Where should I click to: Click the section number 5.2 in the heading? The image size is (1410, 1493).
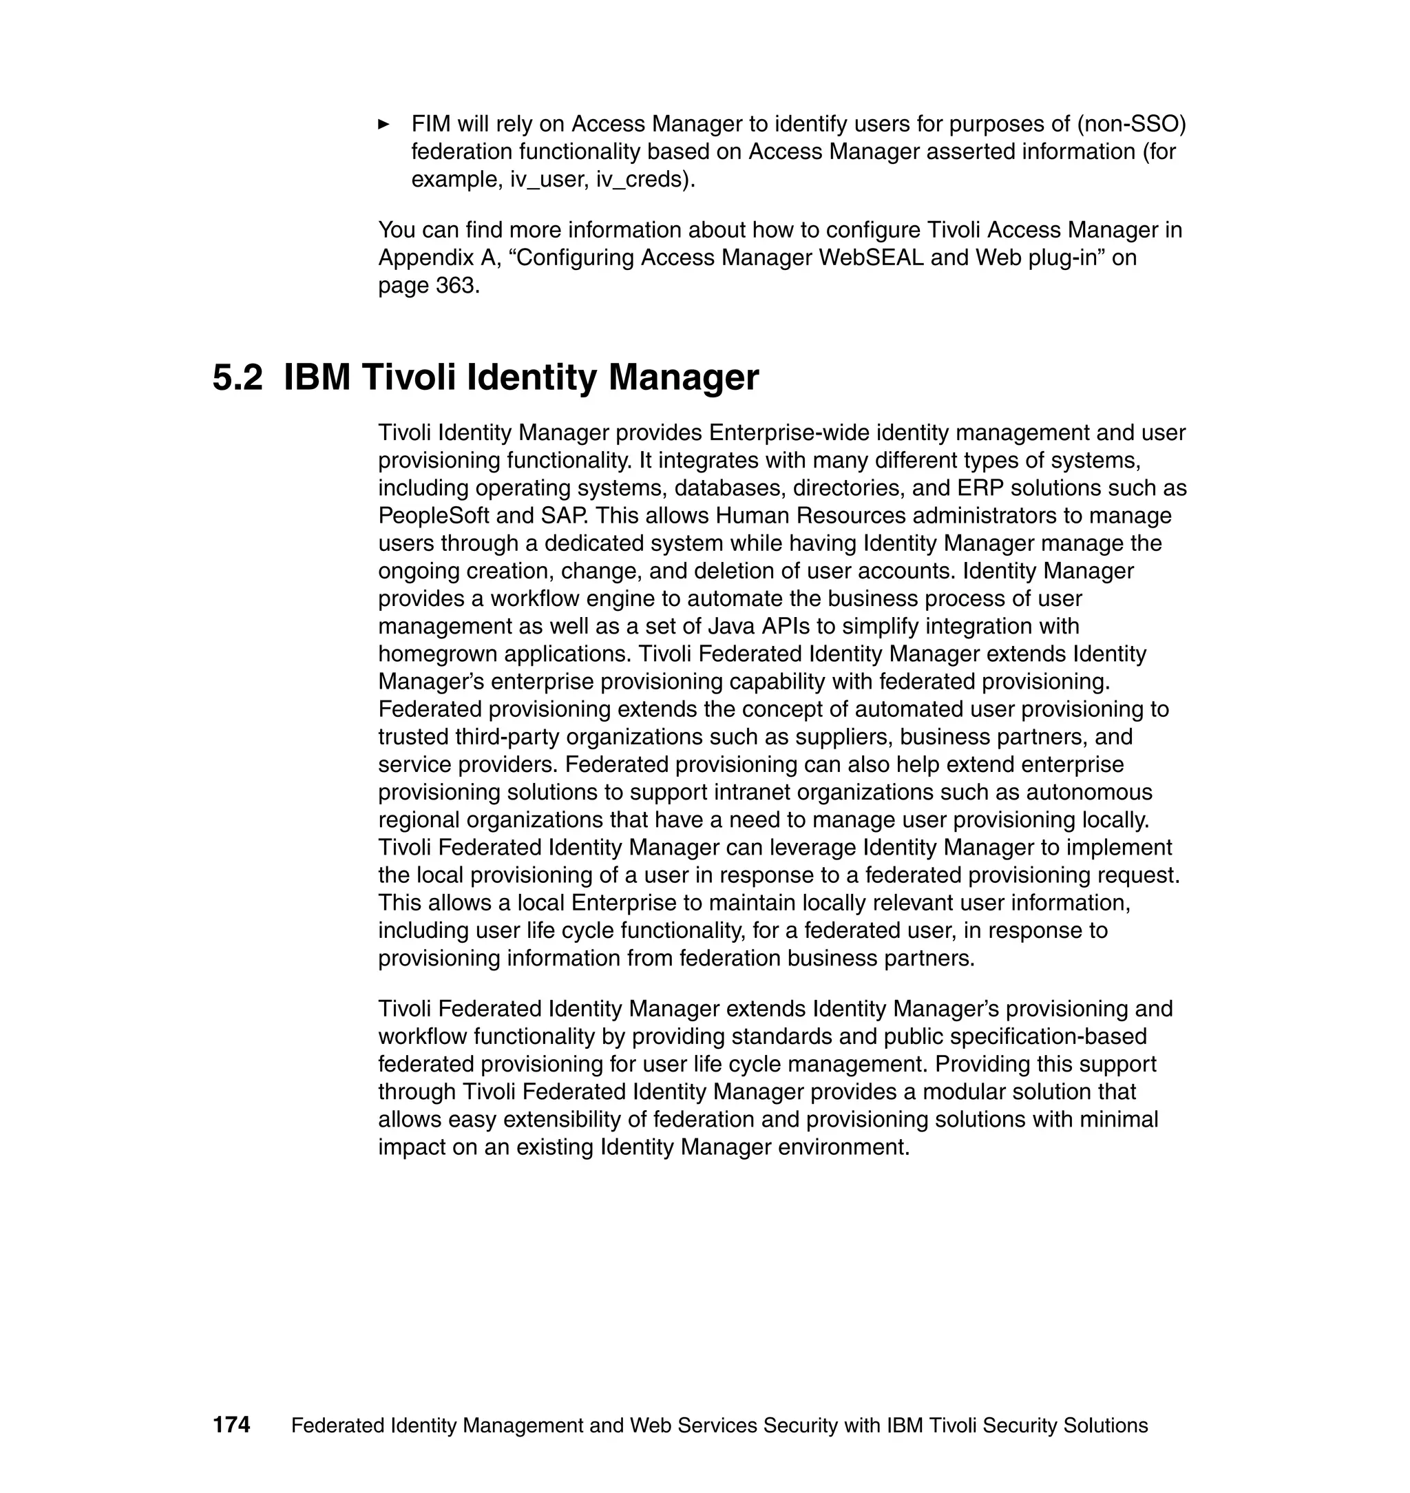pos(238,377)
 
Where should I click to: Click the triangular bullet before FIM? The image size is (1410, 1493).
pos(383,124)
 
